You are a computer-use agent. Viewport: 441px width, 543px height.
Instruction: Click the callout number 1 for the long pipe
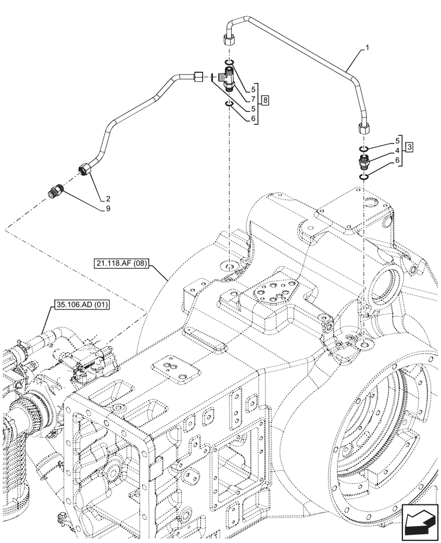click(368, 48)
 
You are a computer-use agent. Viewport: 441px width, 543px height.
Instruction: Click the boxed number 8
click(264, 100)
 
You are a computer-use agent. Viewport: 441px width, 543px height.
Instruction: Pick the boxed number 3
click(408, 147)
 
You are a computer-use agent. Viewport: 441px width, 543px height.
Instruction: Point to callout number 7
click(253, 99)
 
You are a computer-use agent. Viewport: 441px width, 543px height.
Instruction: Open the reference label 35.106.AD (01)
click(82, 305)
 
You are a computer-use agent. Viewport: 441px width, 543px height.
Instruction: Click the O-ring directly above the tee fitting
click(229, 62)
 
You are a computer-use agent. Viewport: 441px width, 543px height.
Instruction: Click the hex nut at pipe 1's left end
click(228, 40)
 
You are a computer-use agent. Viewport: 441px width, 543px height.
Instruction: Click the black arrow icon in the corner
click(419, 522)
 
